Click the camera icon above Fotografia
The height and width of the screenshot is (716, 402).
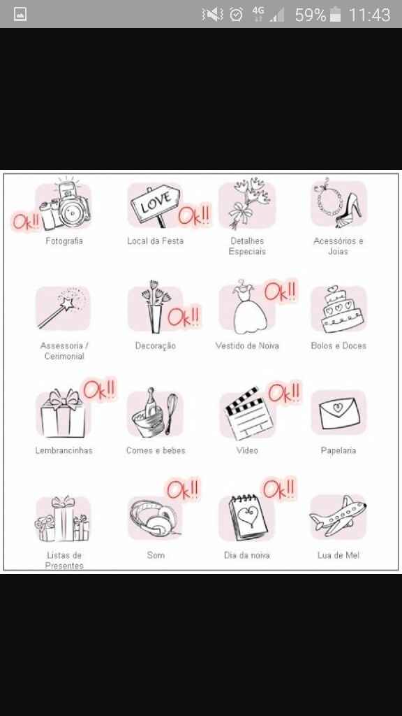tap(64, 205)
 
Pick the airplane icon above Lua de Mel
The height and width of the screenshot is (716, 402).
tap(338, 515)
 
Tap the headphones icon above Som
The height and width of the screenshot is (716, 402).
tap(154, 518)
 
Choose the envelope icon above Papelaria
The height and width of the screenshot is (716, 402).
tap(338, 413)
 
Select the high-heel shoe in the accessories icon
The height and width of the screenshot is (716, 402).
tap(350, 210)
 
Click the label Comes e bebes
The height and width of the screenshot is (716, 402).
tap(156, 450)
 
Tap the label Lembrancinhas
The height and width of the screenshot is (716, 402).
tap(64, 450)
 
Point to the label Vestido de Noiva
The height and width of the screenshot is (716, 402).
tap(247, 345)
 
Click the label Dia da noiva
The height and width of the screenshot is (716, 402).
tap(246, 555)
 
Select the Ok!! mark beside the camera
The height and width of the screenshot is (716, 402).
tap(26, 222)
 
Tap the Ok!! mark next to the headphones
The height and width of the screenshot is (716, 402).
tap(183, 489)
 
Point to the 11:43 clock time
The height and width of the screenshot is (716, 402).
tap(369, 15)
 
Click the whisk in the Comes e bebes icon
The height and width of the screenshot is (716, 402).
tap(171, 413)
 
